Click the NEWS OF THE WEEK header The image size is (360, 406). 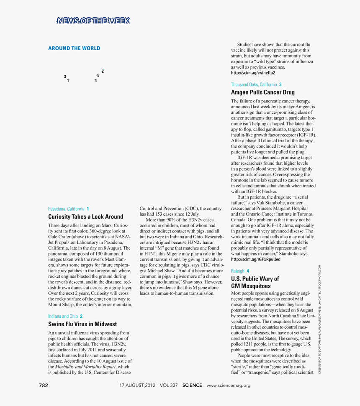pos(93,21)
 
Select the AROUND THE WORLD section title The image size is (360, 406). pos(74,48)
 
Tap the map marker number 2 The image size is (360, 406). pos(103,71)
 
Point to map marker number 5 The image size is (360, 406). pos(98,76)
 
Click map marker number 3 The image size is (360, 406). pos(65,77)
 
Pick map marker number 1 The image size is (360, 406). pos(68,80)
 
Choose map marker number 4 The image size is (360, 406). pos(95,80)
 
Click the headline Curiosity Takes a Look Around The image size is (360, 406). pos(85,217)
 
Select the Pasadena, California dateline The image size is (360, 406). pos(66,209)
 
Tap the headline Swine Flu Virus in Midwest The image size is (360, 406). pos(82,324)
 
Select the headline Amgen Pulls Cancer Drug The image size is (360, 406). pos(262,92)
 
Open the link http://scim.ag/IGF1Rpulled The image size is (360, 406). pos(256,259)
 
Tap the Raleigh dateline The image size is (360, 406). pos(238,271)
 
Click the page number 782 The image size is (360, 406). pos(44,385)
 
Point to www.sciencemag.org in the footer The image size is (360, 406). pos(229,385)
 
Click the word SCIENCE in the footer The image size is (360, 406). pos(192,385)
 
